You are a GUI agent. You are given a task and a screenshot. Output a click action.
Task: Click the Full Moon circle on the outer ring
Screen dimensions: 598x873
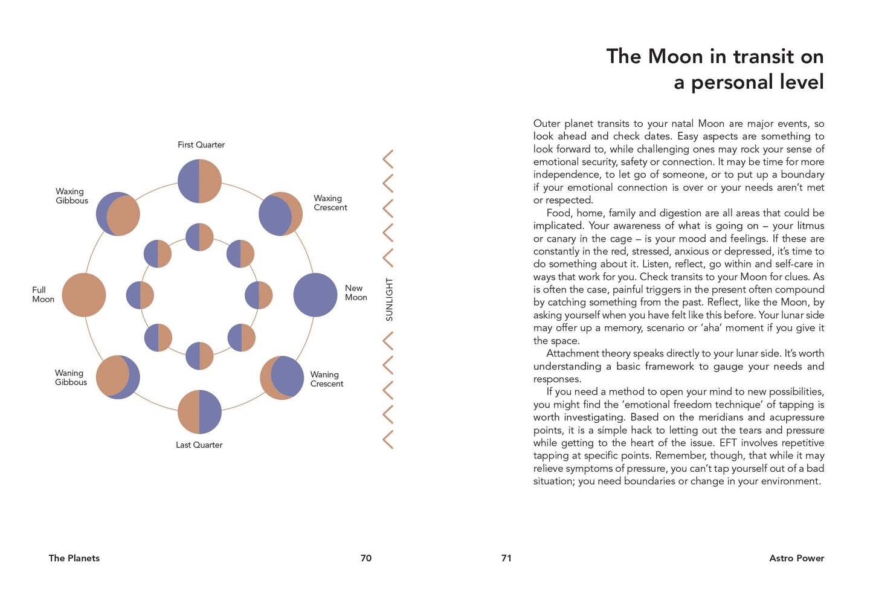(84, 295)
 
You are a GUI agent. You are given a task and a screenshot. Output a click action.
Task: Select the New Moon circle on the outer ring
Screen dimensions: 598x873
(315, 295)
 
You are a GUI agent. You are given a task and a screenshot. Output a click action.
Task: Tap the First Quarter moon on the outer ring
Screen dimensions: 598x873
(199, 181)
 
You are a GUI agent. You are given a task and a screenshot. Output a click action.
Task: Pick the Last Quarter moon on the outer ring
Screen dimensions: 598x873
(199, 412)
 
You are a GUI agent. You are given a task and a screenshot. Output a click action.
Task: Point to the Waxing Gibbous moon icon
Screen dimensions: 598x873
(118, 214)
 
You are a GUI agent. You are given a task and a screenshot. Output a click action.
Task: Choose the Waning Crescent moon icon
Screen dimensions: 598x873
(282, 378)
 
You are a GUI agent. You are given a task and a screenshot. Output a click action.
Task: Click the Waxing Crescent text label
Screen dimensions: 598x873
(330, 203)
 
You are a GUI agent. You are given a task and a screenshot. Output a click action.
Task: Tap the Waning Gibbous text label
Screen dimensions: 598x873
(71, 378)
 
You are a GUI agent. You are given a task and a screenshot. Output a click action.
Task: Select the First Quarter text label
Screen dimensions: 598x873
(201, 145)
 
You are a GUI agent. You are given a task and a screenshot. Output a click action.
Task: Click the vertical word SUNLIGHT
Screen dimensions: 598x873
(389, 299)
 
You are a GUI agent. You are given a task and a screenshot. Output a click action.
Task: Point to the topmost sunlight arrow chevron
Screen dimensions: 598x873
(388, 159)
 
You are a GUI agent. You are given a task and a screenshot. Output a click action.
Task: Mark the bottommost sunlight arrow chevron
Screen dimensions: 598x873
(388, 439)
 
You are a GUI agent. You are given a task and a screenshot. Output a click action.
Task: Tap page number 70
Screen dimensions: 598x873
(366, 558)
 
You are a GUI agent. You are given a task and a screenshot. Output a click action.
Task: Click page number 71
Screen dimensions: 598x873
(506, 558)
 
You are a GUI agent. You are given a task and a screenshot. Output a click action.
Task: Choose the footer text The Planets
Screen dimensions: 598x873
(74, 558)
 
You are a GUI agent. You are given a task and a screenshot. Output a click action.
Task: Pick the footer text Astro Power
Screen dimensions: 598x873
(796, 558)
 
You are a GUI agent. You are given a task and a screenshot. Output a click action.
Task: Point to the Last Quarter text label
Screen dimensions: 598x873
(199, 445)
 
